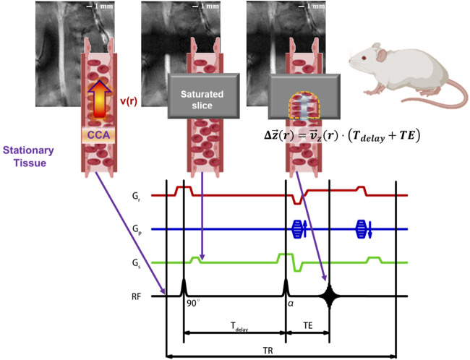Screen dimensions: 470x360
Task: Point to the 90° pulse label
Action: click(x=193, y=306)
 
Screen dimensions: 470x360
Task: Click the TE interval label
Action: click(x=308, y=327)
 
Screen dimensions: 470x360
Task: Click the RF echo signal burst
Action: click(x=330, y=295)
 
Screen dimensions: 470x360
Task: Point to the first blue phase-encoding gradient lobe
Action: click(x=297, y=228)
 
